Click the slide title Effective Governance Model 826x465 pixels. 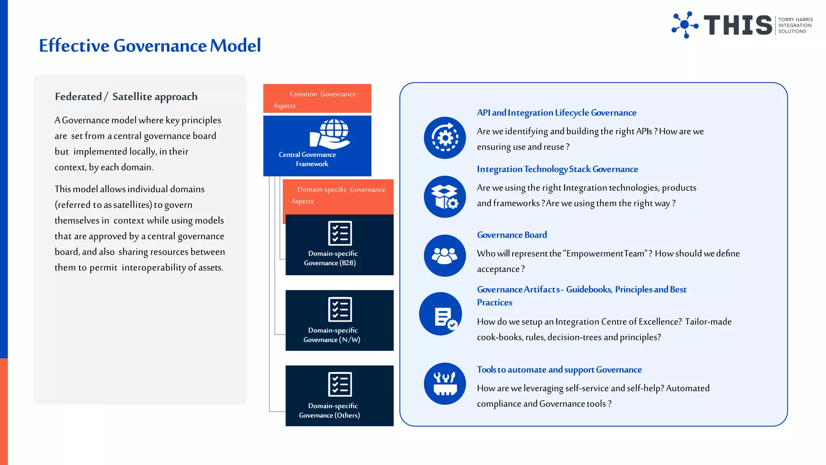point(150,46)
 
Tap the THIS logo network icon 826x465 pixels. point(684,25)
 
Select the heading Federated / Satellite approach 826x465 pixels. point(126,96)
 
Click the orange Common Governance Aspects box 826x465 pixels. point(317,99)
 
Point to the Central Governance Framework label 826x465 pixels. point(307,159)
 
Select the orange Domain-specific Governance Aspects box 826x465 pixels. point(338,196)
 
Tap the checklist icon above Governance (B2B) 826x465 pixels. point(340,233)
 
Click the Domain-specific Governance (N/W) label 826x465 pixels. point(332,335)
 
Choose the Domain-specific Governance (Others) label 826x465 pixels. point(330,411)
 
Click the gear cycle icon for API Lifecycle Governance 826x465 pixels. point(445,138)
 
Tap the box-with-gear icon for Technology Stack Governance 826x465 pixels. point(445,197)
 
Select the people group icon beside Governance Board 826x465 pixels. point(445,256)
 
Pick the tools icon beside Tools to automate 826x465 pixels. point(445,383)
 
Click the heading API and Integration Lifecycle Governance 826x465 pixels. point(557,113)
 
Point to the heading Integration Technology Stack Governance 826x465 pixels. point(557,169)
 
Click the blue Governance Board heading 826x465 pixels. point(512,235)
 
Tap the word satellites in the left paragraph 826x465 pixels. point(130,205)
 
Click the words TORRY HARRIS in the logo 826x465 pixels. point(795,19)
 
